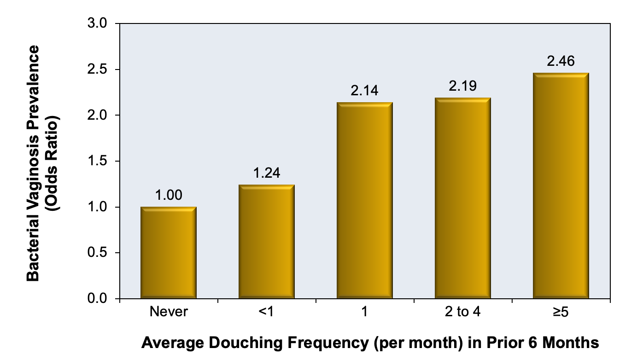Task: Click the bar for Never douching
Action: click(169, 252)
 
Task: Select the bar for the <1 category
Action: click(267, 242)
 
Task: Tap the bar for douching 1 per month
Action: click(364, 200)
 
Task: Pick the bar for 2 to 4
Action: click(463, 198)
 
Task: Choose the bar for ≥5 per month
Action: click(561, 186)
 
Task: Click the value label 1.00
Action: click(169, 195)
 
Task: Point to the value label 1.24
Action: click(267, 173)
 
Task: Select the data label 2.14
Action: click(364, 91)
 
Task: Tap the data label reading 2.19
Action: click(463, 86)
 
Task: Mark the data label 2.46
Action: click(561, 61)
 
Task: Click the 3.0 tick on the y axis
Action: click(97, 23)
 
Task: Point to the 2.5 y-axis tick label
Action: click(97, 69)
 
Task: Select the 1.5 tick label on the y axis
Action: click(97, 161)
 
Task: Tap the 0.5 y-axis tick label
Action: click(97, 253)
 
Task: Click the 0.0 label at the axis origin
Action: click(97, 299)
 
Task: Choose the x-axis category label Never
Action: click(169, 312)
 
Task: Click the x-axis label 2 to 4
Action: click(463, 312)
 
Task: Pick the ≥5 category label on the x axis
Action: click(561, 312)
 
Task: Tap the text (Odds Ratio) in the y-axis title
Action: click(53, 163)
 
